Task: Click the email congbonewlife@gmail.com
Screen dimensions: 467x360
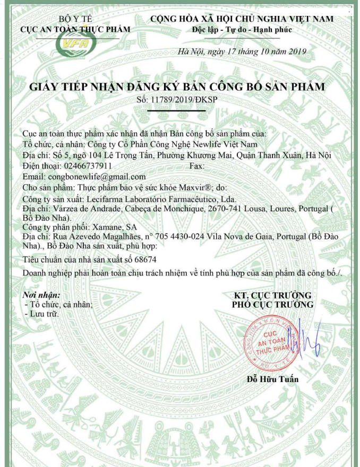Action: point(97,177)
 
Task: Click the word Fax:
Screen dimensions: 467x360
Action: point(197,166)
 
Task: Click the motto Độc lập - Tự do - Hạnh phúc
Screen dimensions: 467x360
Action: point(242,29)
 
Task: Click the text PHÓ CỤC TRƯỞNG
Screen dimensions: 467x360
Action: point(272,305)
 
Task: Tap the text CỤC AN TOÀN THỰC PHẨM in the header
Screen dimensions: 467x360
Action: point(74,29)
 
